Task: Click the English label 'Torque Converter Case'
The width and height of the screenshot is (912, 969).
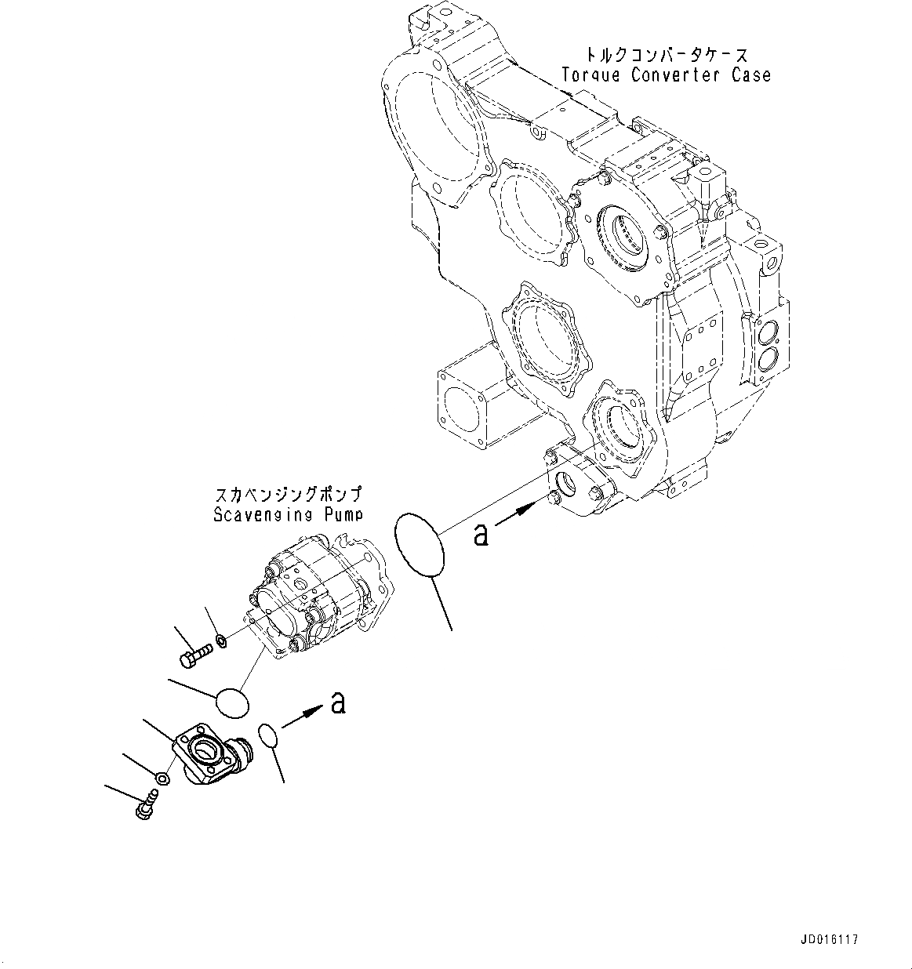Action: click(666, 75)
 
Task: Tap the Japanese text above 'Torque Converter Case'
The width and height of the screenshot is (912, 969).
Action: click(666, 55)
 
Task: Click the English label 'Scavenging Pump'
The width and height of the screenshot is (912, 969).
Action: click(288, 514)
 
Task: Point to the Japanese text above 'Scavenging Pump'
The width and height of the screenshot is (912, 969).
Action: click(288, 495)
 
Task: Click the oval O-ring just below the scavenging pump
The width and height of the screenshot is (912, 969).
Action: click(232, 702)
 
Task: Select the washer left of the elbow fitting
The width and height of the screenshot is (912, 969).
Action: click(162, 778)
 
